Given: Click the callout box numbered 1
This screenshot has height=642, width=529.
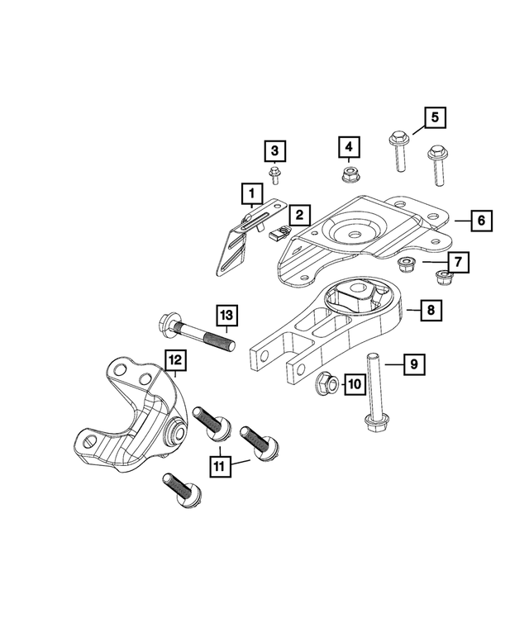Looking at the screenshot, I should [248, 195].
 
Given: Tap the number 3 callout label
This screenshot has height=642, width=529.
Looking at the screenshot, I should [274, 151].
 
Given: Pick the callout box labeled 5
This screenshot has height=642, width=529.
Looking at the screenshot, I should [435, 118].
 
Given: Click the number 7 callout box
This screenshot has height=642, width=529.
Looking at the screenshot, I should [460, 264].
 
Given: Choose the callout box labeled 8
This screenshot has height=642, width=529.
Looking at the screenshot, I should [430, 311].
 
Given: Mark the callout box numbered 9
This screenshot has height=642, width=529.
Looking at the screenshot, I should [414, 364].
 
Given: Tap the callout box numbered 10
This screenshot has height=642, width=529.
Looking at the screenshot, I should [353, 383].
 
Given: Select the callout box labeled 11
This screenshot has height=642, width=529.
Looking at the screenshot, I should [219, 467].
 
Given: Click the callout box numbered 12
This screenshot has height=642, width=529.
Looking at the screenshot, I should [175, 360].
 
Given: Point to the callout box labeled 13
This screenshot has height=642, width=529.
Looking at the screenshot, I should [227, 315].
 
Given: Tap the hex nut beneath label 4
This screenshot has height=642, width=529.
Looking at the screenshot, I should [349, 174].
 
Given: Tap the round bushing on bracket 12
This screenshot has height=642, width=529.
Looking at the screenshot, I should [175, 433].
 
